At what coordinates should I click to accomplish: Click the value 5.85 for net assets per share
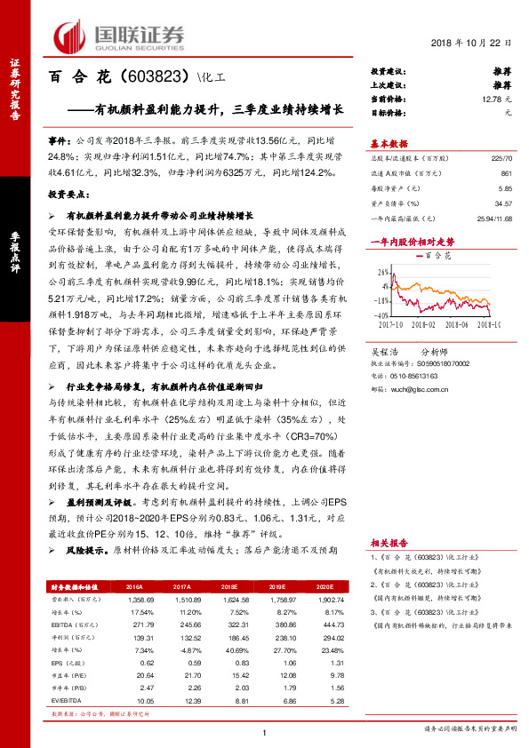point(505,188)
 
